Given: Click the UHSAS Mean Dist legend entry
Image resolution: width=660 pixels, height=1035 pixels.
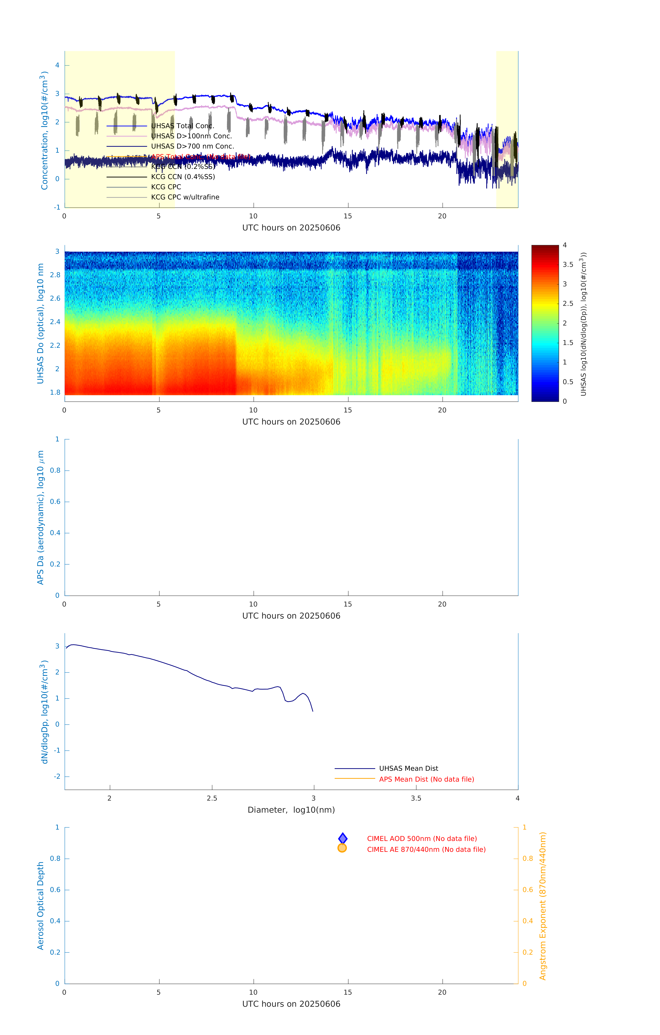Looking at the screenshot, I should pos(408,768).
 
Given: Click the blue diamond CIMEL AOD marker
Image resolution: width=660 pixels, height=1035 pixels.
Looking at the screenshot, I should pos(343,838).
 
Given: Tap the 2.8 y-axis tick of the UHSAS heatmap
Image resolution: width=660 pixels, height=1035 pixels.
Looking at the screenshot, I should pos(55,275).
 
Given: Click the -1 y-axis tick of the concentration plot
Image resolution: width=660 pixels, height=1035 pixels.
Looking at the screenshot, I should pos(57,207).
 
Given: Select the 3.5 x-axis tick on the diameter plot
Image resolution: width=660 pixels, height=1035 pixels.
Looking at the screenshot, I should pos(416,798).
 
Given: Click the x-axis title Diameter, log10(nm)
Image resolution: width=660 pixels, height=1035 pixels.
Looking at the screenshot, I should pos(291,810).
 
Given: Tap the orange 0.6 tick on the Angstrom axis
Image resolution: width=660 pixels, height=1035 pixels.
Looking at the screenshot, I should pos(528,890).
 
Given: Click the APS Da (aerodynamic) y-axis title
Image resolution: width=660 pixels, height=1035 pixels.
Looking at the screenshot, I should pos(40,517).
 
